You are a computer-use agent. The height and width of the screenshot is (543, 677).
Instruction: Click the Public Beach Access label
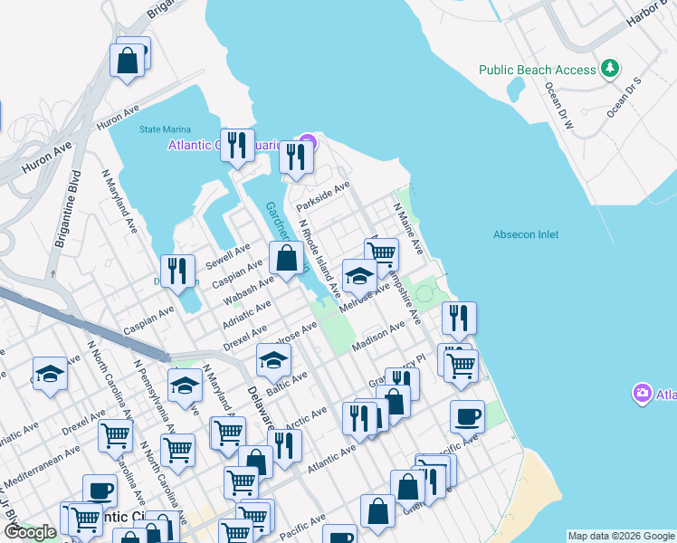[x=538, y=70]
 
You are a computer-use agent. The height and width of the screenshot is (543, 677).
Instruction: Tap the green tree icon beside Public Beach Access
[x=611, y=69]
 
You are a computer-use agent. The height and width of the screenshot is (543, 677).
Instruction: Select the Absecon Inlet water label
[x=526, y=234]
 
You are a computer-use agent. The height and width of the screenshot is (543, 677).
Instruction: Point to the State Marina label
[x=162, y=129]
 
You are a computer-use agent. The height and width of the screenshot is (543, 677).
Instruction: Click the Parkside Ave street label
[x=323, y=194]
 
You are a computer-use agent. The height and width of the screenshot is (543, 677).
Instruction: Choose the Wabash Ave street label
[x=251, y=291]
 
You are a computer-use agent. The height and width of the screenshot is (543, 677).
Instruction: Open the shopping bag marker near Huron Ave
[x=128, y=61]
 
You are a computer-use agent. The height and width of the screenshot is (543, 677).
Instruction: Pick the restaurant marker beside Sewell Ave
[x=178, y=271]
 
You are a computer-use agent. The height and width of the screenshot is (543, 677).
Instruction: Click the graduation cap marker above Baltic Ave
[x=273, y=360]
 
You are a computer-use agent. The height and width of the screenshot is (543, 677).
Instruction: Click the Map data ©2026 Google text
[x=621, y=536]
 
